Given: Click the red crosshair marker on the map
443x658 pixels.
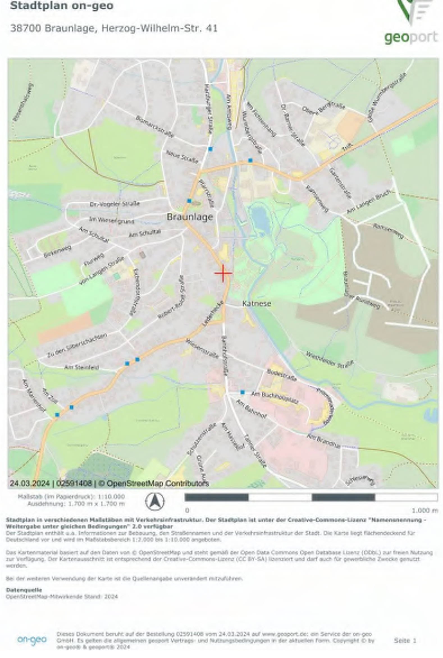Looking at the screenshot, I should [x=223, y=273].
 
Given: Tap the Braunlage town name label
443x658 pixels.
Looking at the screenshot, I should [x=189, y=217].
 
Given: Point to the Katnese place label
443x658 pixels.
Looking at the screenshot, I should [x=257, y=304].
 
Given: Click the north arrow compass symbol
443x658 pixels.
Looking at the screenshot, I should [x=155, y=501].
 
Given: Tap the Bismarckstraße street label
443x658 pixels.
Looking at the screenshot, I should [x=154, y=127].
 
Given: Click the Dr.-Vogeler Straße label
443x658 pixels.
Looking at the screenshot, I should [x=115, y=204].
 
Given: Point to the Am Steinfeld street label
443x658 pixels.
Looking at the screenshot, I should [x=82, y=367].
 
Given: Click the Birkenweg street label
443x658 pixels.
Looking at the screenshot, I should [x=58, y=251].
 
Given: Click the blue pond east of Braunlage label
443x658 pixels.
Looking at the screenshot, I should [x=261, y=218].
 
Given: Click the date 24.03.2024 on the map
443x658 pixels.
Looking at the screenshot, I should [x=30, y=483].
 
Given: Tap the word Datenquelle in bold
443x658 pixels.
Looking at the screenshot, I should [x=24, y=590].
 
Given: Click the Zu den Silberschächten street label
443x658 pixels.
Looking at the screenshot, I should [x=77, y=346].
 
